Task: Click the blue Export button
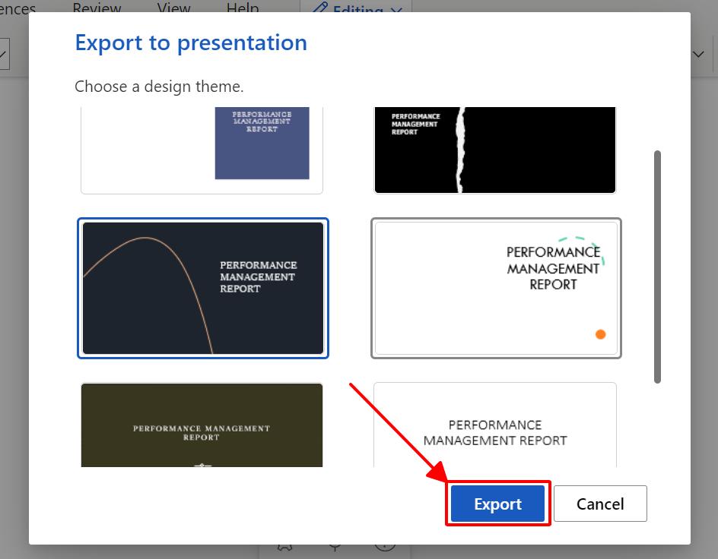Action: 497,504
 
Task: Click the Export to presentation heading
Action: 191,43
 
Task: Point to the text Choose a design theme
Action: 159,87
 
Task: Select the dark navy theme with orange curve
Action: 203,288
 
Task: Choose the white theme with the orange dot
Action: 496,288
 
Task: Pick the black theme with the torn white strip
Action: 495,150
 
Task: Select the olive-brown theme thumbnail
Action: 202,425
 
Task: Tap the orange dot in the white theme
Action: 600,334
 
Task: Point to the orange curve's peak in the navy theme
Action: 146,238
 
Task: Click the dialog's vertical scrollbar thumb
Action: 657,266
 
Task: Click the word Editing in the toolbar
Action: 357,11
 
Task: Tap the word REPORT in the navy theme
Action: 240,289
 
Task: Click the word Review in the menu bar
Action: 97,8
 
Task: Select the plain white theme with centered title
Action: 495,425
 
